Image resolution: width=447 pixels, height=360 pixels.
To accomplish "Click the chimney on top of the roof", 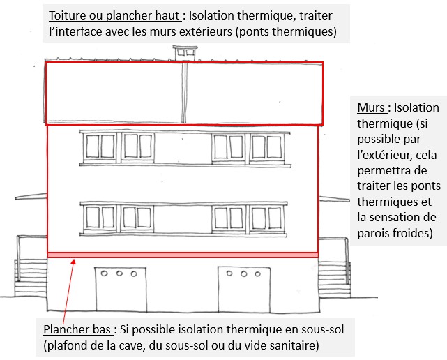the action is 185,53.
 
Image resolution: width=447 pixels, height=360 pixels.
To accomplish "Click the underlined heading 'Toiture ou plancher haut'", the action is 114,15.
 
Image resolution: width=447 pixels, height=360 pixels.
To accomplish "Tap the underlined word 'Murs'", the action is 371,108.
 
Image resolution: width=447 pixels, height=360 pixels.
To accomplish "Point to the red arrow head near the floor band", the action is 73,261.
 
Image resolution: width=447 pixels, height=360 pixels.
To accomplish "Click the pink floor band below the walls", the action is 183,255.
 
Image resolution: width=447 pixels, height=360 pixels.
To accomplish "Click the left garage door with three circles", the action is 121,290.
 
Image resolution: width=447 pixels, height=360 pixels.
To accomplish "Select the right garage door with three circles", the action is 244,290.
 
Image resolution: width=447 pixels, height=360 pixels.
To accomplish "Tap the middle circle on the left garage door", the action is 119,273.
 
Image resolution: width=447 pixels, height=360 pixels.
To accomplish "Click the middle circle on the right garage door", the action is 244,274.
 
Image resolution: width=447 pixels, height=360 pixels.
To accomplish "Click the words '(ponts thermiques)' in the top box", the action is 286,31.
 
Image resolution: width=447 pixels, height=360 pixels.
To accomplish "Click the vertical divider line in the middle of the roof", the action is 184,93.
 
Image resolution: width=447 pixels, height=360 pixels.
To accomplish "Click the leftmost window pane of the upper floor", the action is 92,147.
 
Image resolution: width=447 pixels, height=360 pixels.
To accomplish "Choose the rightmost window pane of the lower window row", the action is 275,218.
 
